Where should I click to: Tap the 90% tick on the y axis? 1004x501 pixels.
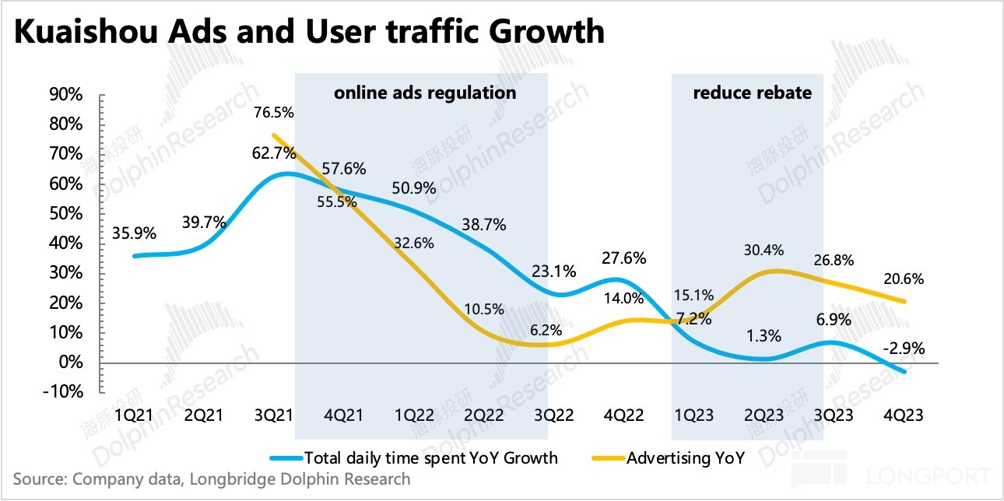point(66,95)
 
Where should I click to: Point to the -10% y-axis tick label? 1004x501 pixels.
point(64,392)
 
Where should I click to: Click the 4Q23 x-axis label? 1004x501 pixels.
point(903,415)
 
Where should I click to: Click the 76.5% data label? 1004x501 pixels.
point(274,113)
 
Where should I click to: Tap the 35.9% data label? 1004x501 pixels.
point(135,233)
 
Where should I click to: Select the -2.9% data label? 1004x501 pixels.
point(903,349)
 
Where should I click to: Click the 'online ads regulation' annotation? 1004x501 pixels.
point(425,93)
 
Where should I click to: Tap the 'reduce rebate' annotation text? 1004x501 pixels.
point(752,93)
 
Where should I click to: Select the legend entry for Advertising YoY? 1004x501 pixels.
point(674,457)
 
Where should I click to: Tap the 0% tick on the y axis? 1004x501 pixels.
point(72,363)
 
